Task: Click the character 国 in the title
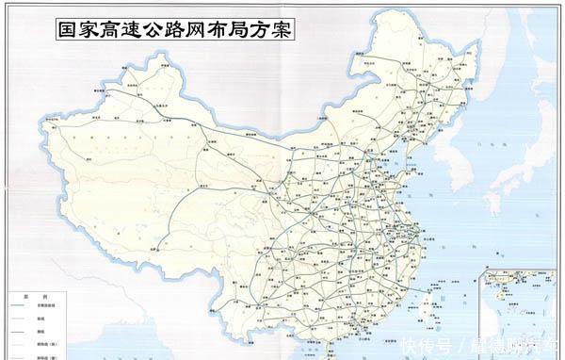(x=66, y=29)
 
